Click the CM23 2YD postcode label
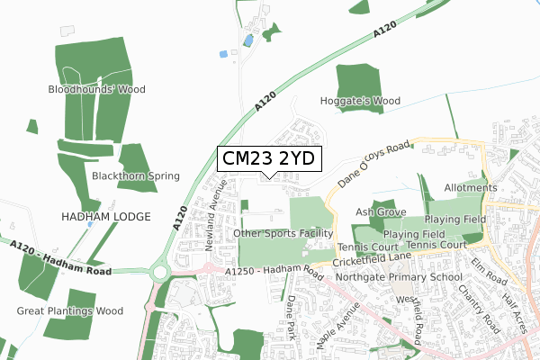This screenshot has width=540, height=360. point(267,158)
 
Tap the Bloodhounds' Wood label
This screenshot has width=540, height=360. point(97,90)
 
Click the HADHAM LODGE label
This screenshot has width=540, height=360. point(104,216)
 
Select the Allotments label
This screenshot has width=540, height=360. point(471,187)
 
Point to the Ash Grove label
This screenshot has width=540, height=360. point(376,212)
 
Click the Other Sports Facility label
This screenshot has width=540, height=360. point(276,234)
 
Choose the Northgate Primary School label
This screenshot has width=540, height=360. point(400,277)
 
